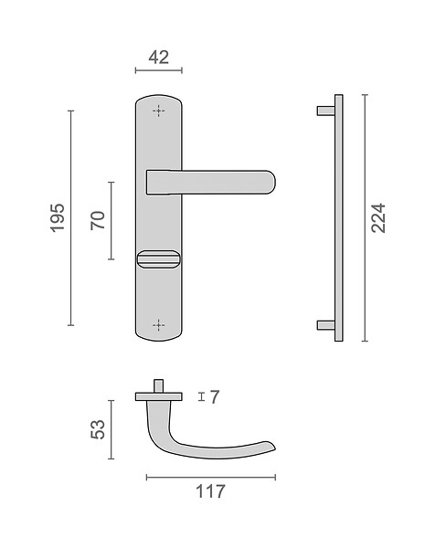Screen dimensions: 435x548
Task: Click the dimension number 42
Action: tap(159, 58)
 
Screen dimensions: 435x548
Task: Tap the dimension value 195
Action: tap(58, 217)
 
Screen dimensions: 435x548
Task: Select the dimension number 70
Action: tap(98, 220)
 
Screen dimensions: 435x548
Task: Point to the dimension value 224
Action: tap(378, 217)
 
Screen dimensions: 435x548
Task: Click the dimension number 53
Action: tap(98, 429)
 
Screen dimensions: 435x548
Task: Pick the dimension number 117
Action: tap(210, 491)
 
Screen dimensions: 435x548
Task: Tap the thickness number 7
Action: tap(215, 397)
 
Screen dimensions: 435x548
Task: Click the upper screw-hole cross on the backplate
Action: tap(159, 111)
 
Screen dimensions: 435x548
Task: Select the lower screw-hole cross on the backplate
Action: tap(159, 325)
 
